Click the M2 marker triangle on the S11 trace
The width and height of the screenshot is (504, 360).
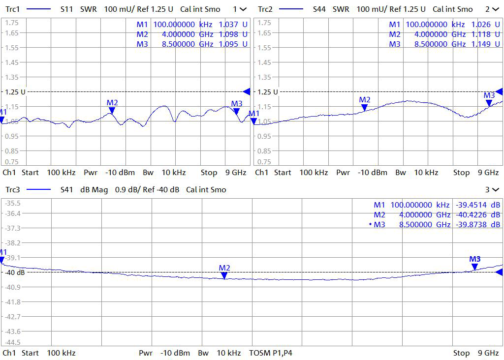(x=112, y=111)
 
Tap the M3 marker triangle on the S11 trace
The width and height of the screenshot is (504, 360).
(x=237, y=112)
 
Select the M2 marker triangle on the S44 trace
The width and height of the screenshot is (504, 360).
(x=365, y=108)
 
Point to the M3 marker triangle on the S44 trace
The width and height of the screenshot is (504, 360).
(x=489, y=103)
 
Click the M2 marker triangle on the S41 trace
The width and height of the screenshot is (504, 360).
(x=224, y=276)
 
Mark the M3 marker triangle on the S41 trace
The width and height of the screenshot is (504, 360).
(x=474, y=267)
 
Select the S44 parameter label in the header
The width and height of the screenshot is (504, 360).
(x=320, y=9)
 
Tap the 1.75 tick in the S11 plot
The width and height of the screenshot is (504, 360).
(x=12, y=23)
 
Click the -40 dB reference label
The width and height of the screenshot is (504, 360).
(x=15, y=272)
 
